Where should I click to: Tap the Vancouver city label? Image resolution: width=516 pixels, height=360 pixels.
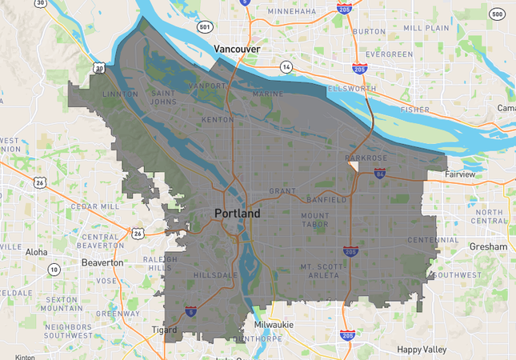238,50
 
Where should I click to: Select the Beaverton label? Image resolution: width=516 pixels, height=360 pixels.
102,262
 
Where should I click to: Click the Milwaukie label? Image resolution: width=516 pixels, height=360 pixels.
274,325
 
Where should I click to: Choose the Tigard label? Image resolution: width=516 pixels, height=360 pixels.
164,330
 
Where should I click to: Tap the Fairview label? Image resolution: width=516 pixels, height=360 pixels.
460,174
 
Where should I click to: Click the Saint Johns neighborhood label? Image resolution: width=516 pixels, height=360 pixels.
166,98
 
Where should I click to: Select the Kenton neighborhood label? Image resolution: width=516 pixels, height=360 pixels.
217,119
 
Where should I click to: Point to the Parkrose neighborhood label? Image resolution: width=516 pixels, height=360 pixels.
366,158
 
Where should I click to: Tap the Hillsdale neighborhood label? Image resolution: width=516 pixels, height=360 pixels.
215,275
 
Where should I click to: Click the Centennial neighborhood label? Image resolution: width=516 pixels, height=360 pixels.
433,240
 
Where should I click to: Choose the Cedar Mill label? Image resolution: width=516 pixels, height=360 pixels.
95,206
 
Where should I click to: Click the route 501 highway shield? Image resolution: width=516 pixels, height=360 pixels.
205,27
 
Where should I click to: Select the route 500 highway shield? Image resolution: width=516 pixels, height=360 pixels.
497,14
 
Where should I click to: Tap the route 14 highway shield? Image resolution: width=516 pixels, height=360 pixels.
286,68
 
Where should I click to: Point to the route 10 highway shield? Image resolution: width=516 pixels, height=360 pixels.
54,270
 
